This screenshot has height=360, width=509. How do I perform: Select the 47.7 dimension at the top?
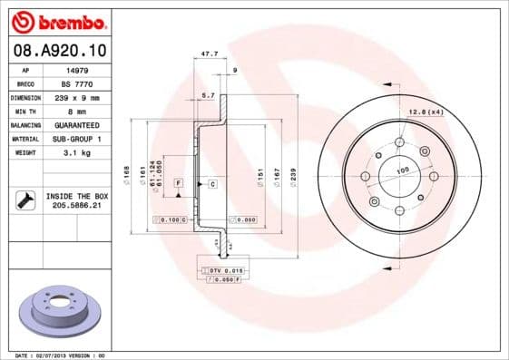210,54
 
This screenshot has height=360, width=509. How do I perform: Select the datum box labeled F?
180,183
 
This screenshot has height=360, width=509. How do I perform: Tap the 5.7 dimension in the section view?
207,94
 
